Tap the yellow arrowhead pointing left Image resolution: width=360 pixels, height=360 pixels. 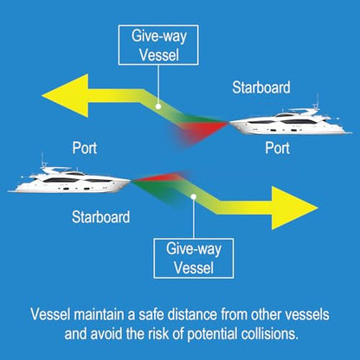(65, 95)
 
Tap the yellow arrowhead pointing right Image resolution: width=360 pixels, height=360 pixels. (295, 208)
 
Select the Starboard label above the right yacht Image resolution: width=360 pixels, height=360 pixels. (261, 87)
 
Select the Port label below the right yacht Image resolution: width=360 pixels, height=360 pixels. (278, 148)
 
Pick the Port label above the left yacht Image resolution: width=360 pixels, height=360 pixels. (85, 148)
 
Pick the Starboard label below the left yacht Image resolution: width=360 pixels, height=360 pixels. (100, 217)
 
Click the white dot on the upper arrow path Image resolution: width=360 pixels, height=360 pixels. (158, 106)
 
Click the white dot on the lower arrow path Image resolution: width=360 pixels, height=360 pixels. (194, 196)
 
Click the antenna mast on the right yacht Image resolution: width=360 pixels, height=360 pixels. (318, 100)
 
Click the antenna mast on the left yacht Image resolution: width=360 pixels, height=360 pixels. (42, 159)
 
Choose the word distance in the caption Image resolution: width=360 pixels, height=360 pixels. (192, 314)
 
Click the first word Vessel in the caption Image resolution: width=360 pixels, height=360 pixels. (50, 314)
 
